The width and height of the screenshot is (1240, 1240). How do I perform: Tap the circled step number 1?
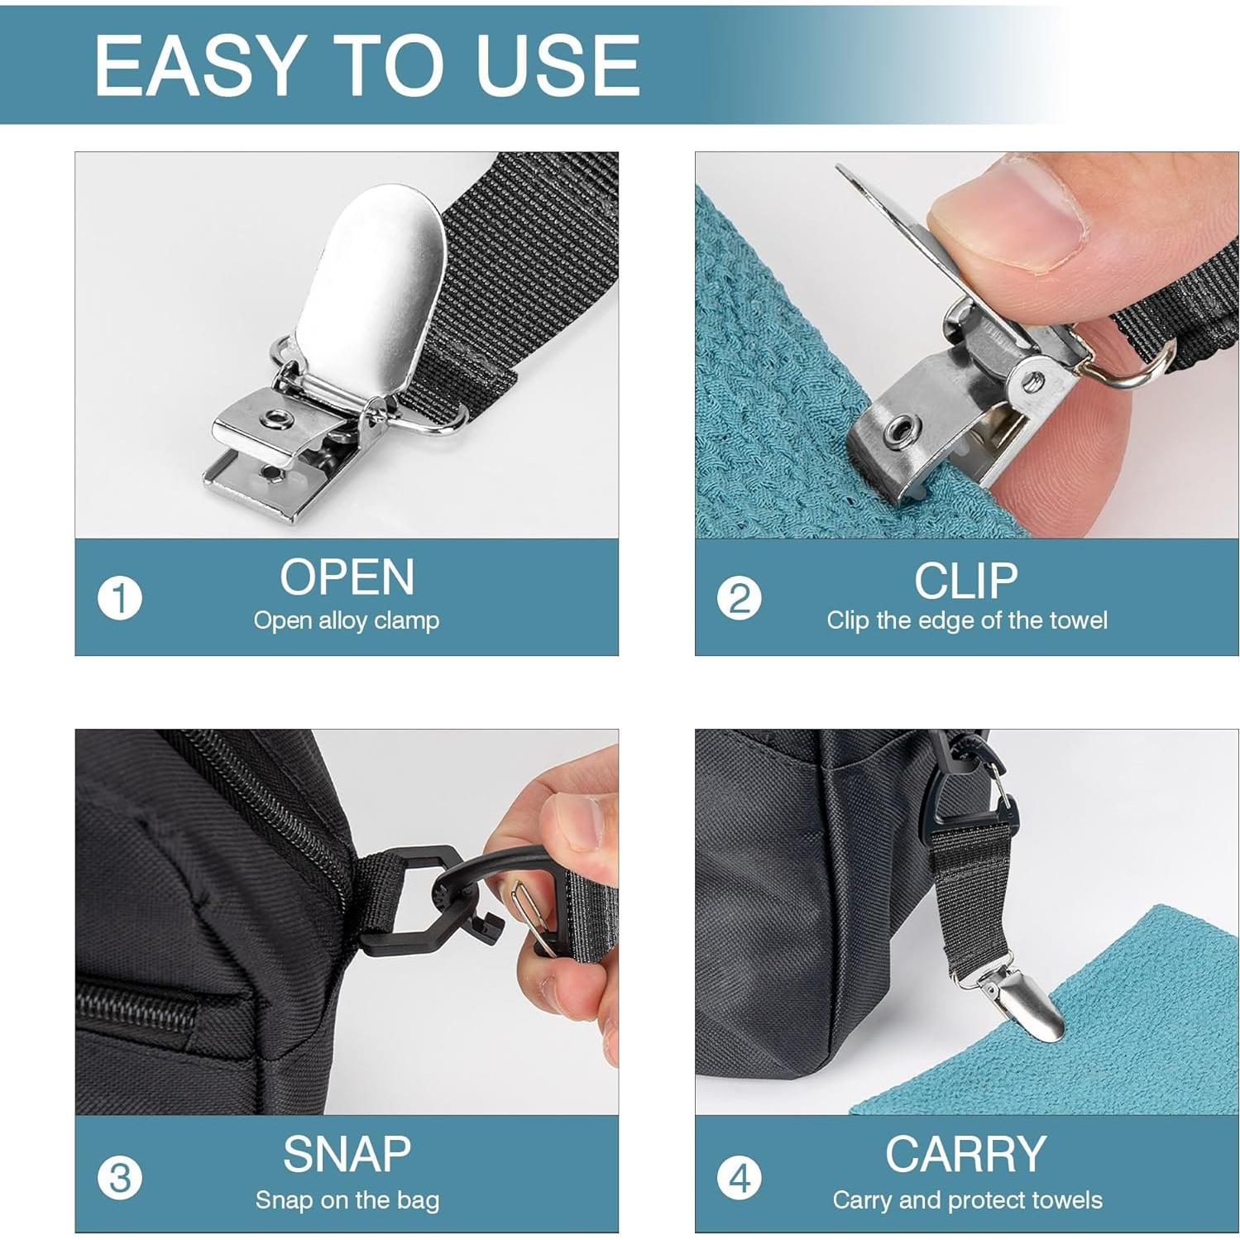(x=120, y=598)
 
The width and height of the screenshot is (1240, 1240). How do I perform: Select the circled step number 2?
(x=739, y=598)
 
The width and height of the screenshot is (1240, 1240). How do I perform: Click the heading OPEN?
(x=347, y=577)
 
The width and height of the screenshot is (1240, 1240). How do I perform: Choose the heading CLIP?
(x=965, y=580)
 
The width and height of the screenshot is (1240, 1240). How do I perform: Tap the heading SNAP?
(x=347, y=1154)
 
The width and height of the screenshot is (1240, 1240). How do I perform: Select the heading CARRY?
(x=965, y=1154)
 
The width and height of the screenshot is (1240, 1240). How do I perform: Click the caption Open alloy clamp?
(x=347, y=620)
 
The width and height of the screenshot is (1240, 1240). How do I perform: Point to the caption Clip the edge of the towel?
(x=966, y=620)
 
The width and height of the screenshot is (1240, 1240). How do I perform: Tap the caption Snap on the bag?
(x=347, y=1200)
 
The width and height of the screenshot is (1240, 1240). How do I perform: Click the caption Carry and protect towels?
(x=967, y=1200)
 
